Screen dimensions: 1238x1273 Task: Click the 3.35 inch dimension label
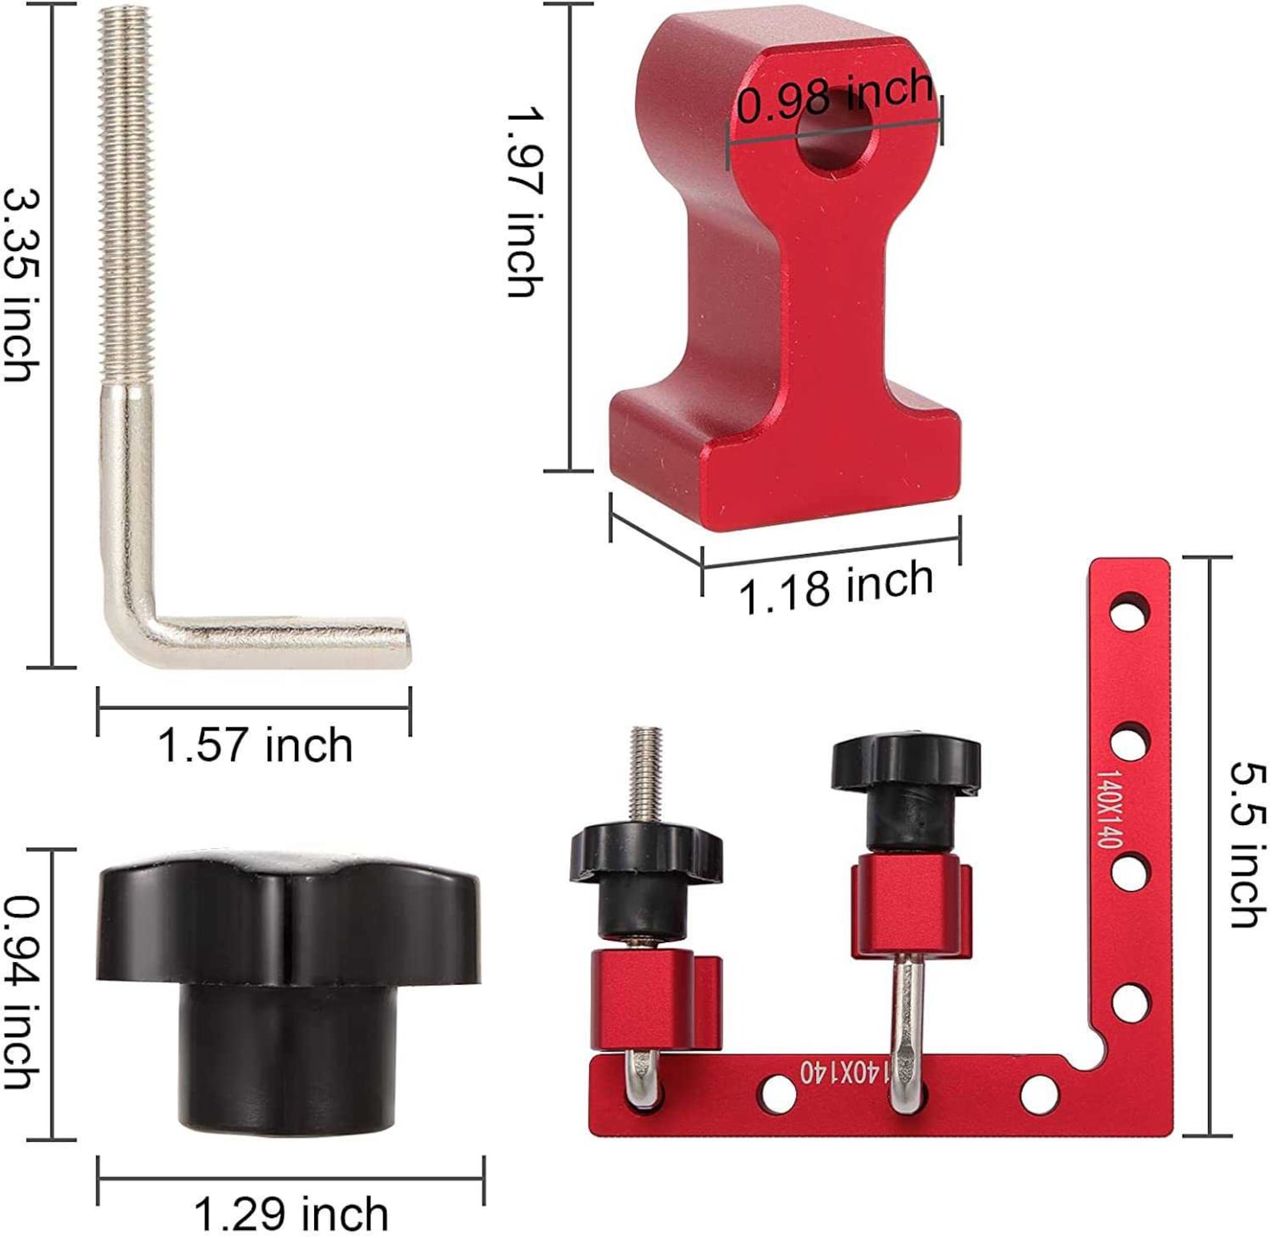(22, 285)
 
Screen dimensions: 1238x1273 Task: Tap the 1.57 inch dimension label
(255, 745)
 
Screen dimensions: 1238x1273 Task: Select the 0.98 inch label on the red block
(834, 98)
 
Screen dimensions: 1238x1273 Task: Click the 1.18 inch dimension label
(835, 588)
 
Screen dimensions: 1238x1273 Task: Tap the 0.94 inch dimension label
(22, 992)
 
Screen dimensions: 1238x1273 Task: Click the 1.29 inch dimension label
(291, 1213)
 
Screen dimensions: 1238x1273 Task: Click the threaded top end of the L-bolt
(124, 32)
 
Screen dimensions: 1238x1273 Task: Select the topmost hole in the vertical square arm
(1130, 610)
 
